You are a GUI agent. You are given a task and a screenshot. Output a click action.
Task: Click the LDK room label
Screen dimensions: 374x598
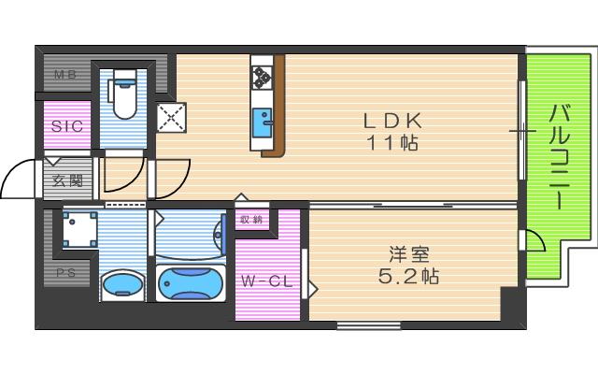pyautogui.click(x=393, y=121)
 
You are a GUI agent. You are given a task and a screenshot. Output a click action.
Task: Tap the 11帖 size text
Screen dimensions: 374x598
pyautogui.click(x=393, y=143)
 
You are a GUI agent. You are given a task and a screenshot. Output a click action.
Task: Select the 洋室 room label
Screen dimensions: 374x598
pyautogui.click(x=408, y=252)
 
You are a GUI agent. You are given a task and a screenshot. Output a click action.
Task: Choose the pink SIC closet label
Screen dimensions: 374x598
pyautogui.click(x=66, y=126)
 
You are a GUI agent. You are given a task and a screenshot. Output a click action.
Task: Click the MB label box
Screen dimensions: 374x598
pyautogui.click(x=64, y=74)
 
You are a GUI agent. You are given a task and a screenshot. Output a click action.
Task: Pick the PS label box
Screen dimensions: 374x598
pyautogui.click(x=64, y=273)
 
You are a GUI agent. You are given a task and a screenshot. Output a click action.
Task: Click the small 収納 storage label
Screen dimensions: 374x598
pyautogui.click(x=250, y=221)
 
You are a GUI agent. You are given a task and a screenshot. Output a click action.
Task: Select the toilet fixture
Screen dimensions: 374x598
pyautogui.click(x=122, y=96)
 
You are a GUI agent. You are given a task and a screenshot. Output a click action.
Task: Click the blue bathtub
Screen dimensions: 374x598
pyautogui.click(x=192, y=284)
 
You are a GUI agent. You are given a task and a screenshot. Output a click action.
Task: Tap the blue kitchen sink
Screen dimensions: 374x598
pyautogui.click(x=263, y=121)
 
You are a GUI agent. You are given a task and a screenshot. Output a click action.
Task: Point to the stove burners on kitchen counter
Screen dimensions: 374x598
pyautogui.click(x=262, y=75)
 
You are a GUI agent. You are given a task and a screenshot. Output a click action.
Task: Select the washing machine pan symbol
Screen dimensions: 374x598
pyautogui.click(x=80, y=229)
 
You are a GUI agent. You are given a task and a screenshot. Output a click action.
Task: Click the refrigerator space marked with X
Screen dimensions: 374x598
pyautogui.click(x=173, y=117)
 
